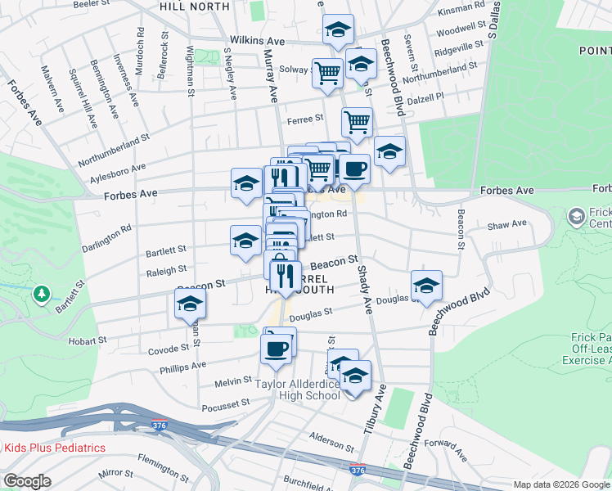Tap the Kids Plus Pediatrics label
tap(55, 448)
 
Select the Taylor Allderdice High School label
tap(297, 390)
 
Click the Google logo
tap(27, 481)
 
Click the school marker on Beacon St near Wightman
tap(191, 304)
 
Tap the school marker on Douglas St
tap(425, 286)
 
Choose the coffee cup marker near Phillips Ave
tap(276, 349)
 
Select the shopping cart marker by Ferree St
tap(357, 123)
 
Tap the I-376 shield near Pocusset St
tap(160, 426)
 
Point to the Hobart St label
tap(90, 340)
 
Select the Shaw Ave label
tap(507, 223)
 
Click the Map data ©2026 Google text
tap(560, 484)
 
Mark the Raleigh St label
tap(166, 268)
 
